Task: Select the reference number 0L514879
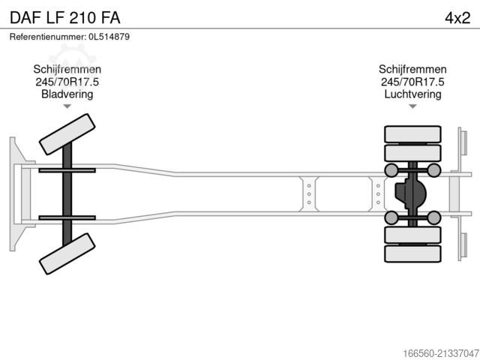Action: pos(105,36)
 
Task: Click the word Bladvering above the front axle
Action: pos(67,94)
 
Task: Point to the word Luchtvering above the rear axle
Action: pos(412,94)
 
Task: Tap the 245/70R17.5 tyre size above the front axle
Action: pos(67,82)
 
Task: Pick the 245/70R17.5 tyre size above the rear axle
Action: pos(412,82)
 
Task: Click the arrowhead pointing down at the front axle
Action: pos(67,106)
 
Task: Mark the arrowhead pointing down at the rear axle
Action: pos(412,106)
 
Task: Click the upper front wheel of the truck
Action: pos(66,136)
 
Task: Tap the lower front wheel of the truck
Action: pos(67,254)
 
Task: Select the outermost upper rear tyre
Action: pos(412,135)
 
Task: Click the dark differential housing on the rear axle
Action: pos(411,194)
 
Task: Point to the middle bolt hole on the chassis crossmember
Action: pos(307,194)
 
